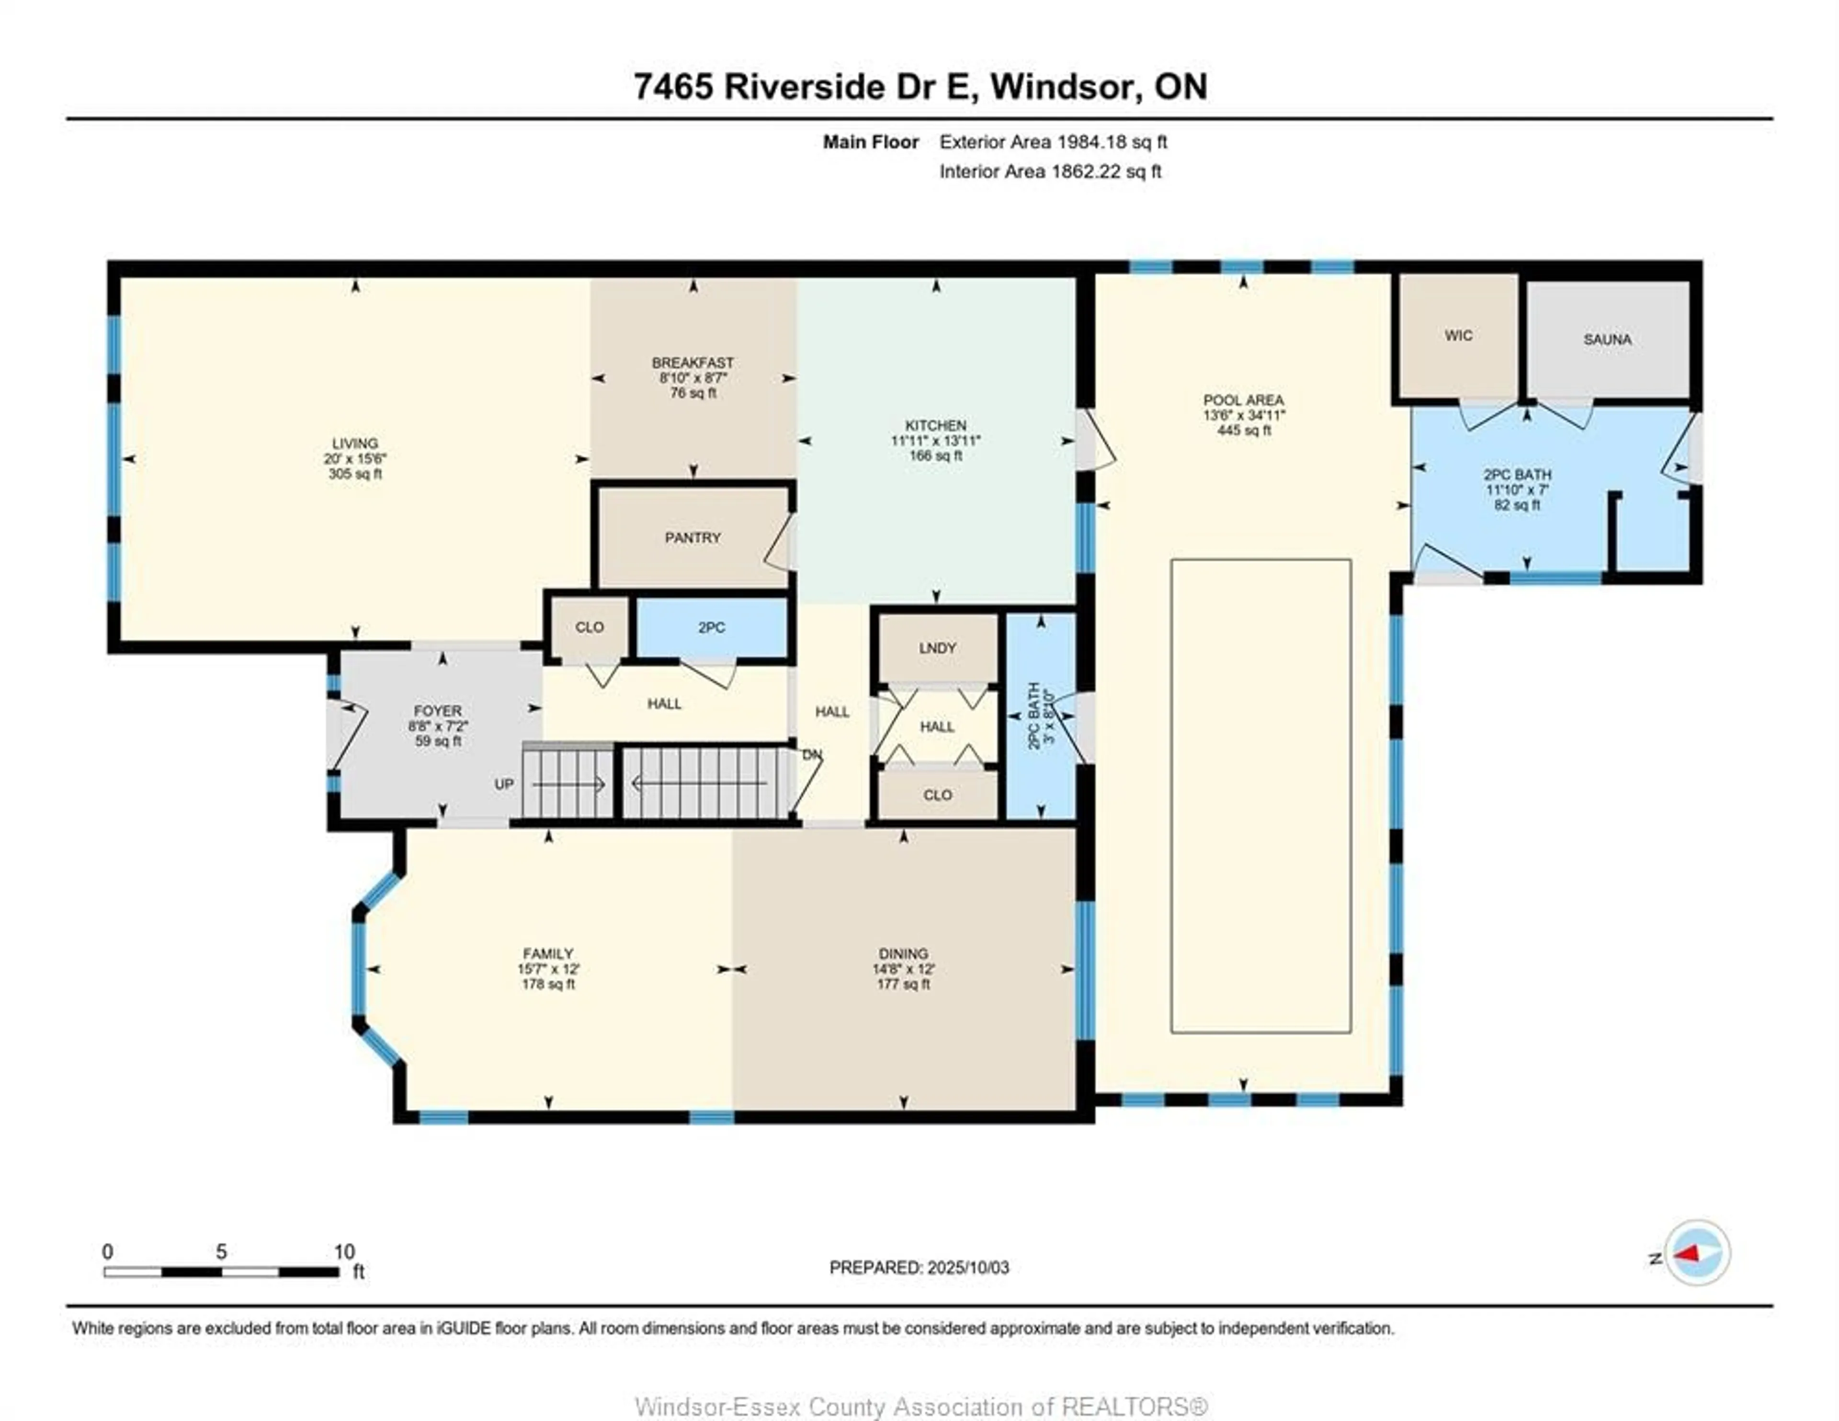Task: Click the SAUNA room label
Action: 1607,340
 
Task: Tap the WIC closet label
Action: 1458,335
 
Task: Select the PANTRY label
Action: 692,537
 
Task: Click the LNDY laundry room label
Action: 937,648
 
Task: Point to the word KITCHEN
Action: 935,425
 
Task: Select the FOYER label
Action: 437,710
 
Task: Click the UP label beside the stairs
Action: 503,784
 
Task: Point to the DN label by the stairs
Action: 811,755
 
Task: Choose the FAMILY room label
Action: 548,954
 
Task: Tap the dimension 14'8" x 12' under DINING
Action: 903,969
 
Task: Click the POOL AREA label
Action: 1243,400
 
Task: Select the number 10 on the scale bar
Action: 343,1251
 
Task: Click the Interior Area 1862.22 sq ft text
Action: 1050,172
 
